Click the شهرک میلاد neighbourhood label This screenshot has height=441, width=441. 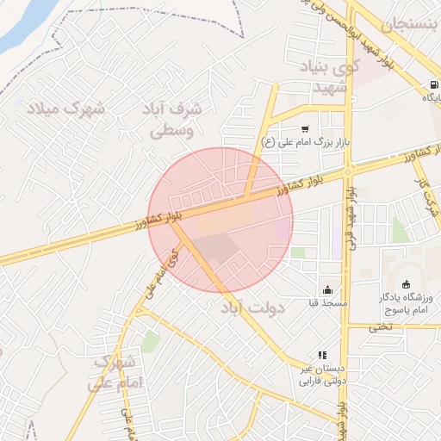pos(65,109)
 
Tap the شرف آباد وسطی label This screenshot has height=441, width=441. pos(175,120)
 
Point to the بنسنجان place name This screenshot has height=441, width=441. pos(416,25)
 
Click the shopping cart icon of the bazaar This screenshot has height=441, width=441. pos(305,128)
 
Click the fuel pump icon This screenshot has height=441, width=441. pos(432,84)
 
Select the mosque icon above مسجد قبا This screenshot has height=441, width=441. pos(327,290)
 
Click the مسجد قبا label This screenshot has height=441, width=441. pos(328,303)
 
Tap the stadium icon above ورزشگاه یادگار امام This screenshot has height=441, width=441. pos(407,284)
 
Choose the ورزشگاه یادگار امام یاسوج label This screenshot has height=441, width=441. pos(407,302)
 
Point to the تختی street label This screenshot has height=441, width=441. pos(381,326)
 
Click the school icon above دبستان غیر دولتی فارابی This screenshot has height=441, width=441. pos(322,355)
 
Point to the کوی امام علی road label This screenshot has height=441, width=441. pos(161,274)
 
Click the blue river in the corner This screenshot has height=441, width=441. pos(22,26)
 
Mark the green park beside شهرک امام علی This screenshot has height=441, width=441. pos(151,342)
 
